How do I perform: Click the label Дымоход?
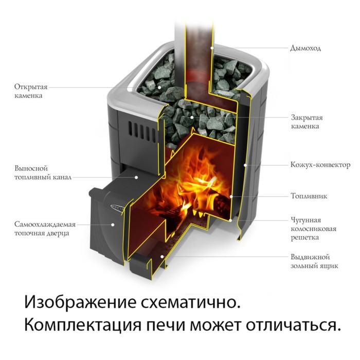click(305, 48)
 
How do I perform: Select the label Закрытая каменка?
click(305, 121)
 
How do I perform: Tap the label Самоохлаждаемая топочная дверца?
click(45, 229)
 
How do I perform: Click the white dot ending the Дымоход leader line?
click(212, 48)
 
